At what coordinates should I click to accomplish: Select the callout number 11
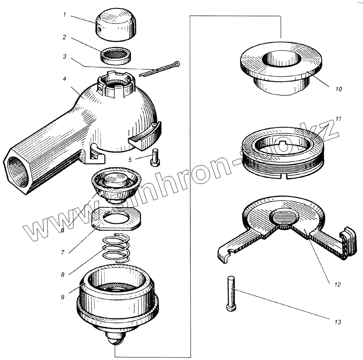click(338, 119)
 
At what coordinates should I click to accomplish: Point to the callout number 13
click(338, 322)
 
